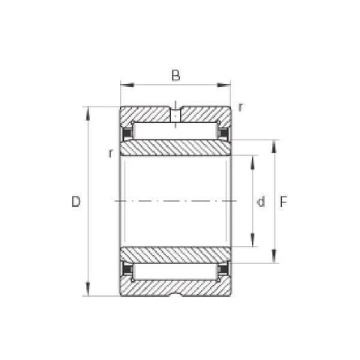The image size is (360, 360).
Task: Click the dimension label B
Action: [x=175, y=74]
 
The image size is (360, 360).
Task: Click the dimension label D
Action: [x=75, y=201]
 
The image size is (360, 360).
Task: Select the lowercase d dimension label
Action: [x=261, y=201]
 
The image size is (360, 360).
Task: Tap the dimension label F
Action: [x=284, y=201]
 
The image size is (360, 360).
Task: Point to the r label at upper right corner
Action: [x=240, y=106]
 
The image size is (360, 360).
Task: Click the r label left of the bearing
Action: [x=110, y=153]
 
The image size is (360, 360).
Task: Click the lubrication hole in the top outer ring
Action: [x=175, y=115]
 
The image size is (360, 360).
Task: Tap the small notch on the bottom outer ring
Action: [x=175, y=293]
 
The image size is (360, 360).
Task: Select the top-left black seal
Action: [x=127, y=133]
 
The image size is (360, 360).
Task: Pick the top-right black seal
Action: [x=223, y=133]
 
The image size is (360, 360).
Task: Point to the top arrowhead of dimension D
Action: [x=89, y=112]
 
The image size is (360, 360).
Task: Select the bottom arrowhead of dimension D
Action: [x=89, y=290]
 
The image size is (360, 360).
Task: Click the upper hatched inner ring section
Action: [x=175, y=148]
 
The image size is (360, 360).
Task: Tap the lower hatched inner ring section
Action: [x=175, y=254]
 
